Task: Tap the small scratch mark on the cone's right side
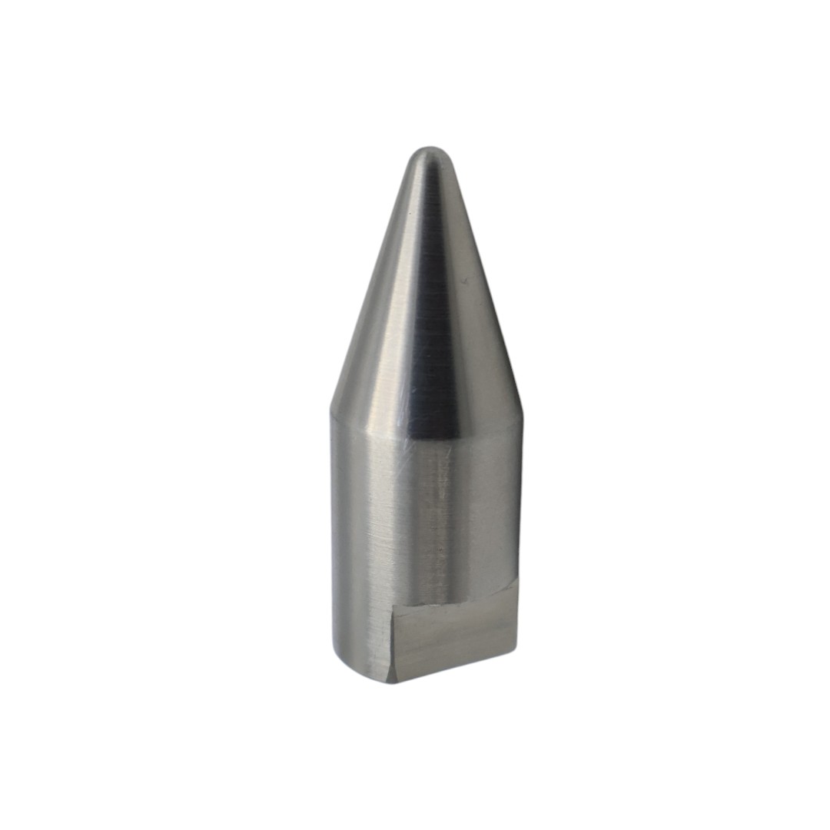464,282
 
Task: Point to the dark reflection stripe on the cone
435,323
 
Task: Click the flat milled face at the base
453,638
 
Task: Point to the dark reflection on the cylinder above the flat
442,523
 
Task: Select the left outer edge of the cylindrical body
333,538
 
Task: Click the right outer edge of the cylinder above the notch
521,500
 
